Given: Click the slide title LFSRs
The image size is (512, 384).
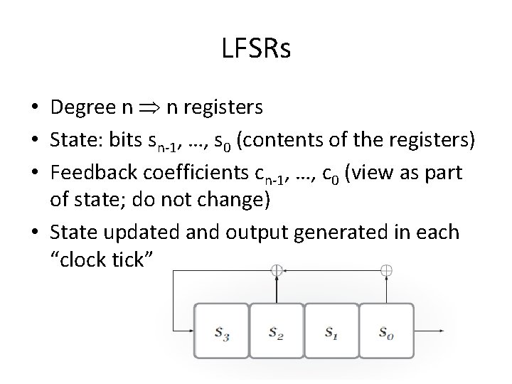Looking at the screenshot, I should pos(256,50).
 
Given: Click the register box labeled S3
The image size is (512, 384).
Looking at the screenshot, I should pos(222,331).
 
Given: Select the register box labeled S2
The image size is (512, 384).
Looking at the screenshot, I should pos(277,331).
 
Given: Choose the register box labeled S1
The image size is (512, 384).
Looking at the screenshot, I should pos(331,331).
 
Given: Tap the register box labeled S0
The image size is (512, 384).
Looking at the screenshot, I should pos(386,331).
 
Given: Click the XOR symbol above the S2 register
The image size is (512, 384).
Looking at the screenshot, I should pos(277,270).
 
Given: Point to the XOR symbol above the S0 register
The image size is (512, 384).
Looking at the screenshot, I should pos(386,270).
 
